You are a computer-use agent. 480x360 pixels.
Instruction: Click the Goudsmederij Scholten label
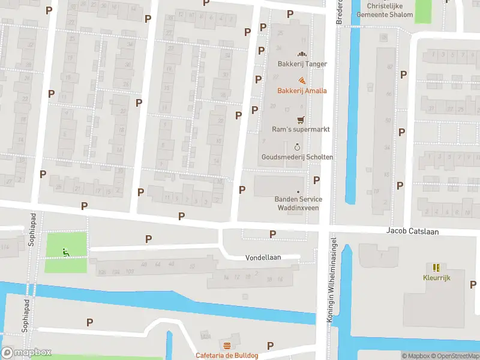pos(297,157)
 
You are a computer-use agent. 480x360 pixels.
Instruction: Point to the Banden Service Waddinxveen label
pos(297,203)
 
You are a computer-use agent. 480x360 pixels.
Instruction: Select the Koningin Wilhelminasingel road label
pos(329,282)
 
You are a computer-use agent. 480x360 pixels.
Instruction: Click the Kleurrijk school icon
pos(436,267)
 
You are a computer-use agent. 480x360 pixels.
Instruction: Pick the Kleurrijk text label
pos(436,277)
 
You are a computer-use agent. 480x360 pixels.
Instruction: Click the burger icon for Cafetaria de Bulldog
pos(227,346)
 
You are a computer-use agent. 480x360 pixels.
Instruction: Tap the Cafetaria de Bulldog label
pos(227,355)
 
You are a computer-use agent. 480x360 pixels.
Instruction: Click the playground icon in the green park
pos(66,252)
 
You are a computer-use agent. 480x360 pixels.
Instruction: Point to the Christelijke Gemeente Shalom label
pos(385,10)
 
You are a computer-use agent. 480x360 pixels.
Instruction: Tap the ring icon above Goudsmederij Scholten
pos(298,146)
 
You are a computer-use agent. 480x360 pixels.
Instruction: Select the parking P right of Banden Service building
pos(316,180)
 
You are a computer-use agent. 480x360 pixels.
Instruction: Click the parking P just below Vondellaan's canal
pos(89,322)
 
